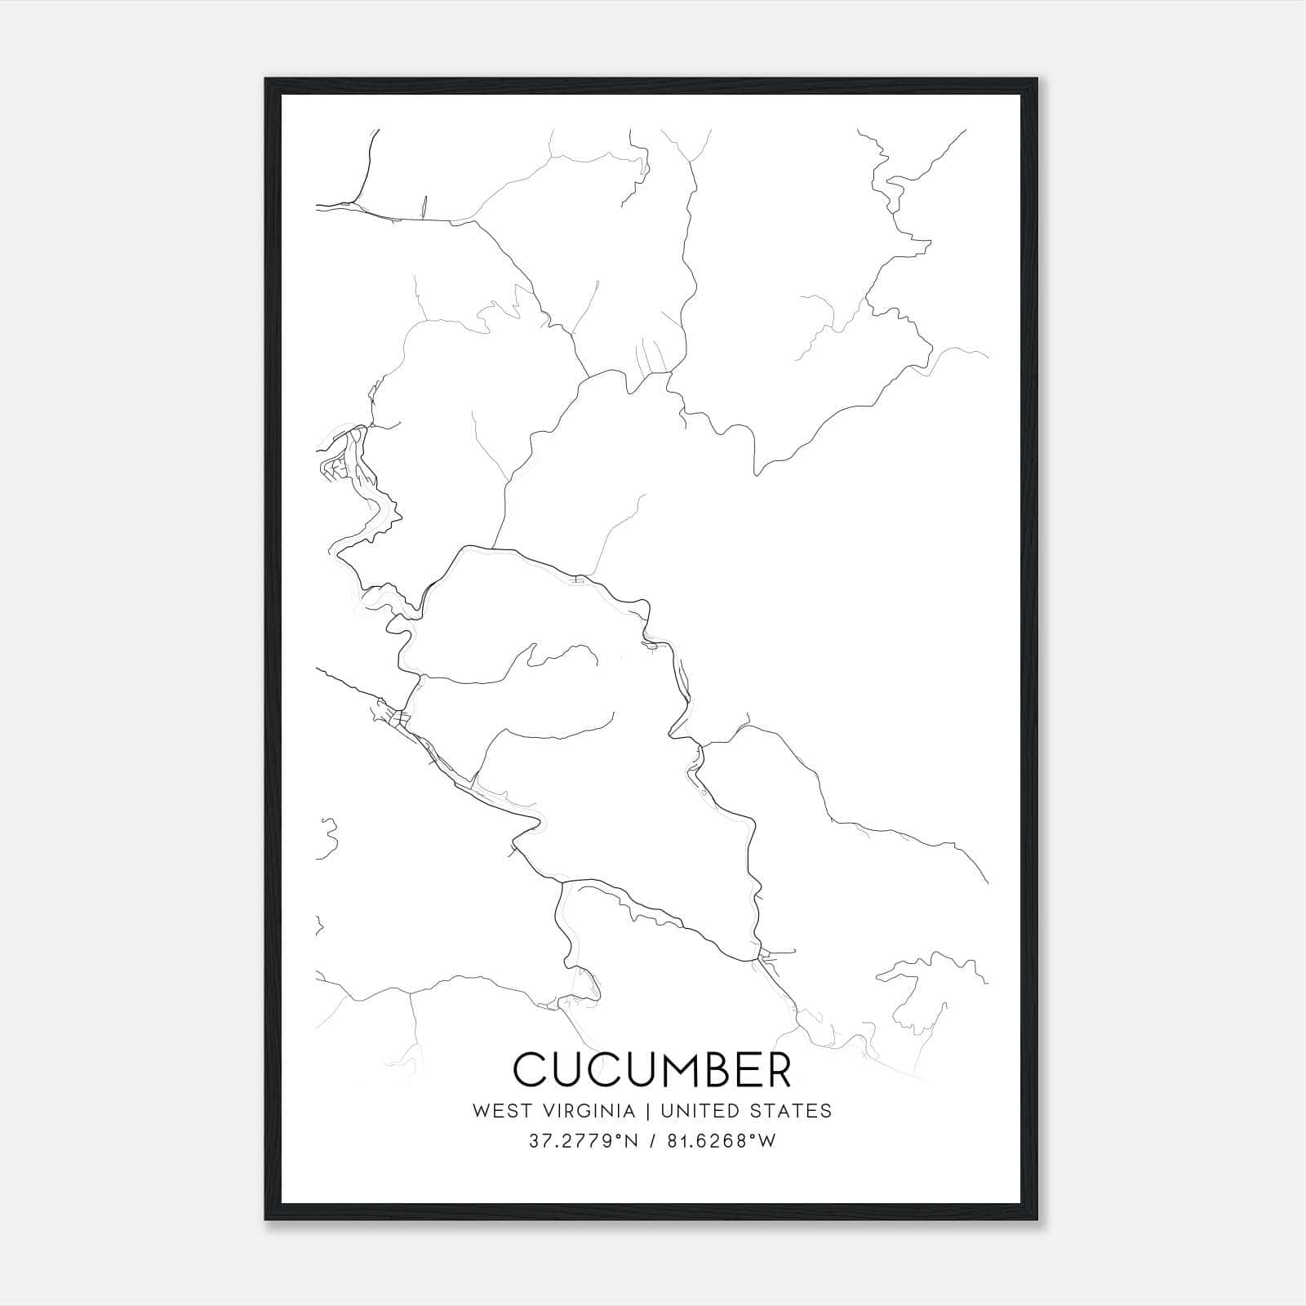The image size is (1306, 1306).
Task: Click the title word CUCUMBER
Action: pyautogui.click(x=652, y=1069)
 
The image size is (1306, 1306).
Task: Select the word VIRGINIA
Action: pyautogui.click(x=589, y=1111)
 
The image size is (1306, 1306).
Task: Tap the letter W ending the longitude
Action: pyautogui.click(x=767, y=1141)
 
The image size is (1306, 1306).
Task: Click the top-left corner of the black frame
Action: pyautogui.click(x=266, y=79)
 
